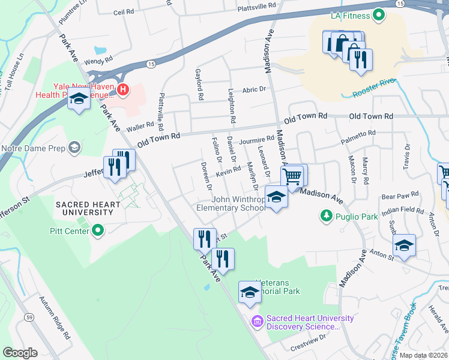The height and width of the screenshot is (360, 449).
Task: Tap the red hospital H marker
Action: point(123,90)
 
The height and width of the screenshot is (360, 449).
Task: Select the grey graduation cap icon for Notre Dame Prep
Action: point(75,148)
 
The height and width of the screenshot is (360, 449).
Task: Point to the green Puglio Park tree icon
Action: point(326,215)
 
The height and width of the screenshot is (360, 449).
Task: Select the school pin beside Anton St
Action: point(404,245)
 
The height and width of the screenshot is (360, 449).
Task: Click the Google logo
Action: point(20,353)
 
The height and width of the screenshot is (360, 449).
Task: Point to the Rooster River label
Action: point(376,88)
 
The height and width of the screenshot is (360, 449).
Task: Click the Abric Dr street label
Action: point(254,89)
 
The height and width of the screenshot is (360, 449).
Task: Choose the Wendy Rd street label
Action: point(98,61)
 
